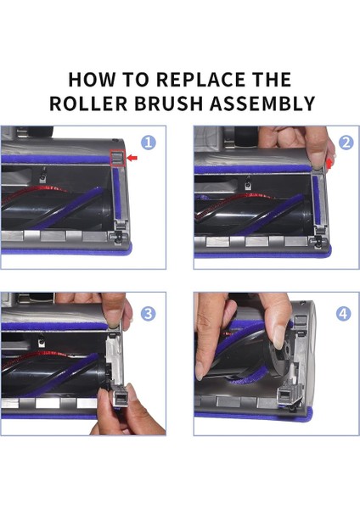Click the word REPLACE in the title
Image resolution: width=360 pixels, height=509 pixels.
tap(201, 80)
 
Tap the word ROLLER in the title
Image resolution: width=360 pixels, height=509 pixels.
tap(88, 103)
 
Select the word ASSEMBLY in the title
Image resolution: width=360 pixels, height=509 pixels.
tap(262, 103)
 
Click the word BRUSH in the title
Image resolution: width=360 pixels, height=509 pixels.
tap(169, 103)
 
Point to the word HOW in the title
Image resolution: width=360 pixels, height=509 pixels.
tap(92, 80)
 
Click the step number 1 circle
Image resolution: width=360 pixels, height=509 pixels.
tap(149, 143)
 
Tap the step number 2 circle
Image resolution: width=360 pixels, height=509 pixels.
tap(346, 143)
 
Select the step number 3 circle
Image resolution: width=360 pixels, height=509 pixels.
tap(148, 314)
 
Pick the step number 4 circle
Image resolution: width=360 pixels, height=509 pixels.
tap(343, 314)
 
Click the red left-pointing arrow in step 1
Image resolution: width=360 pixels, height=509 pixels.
tap(132, 158)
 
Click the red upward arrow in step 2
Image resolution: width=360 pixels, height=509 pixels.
tap(329, 163)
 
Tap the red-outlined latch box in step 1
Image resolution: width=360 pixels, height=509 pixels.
tap(118, 159)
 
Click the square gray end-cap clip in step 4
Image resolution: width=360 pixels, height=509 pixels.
tap(287, 395)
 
